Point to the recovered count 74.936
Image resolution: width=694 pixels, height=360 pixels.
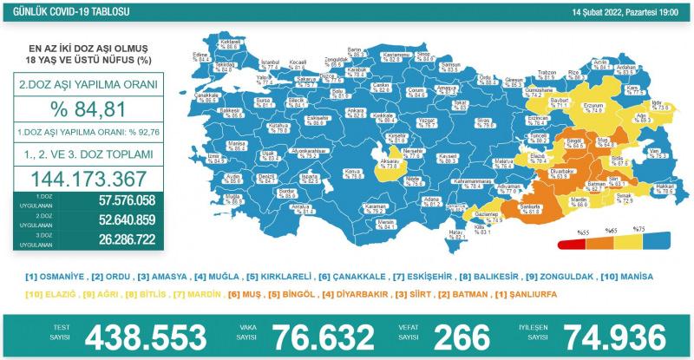click(621, 337)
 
